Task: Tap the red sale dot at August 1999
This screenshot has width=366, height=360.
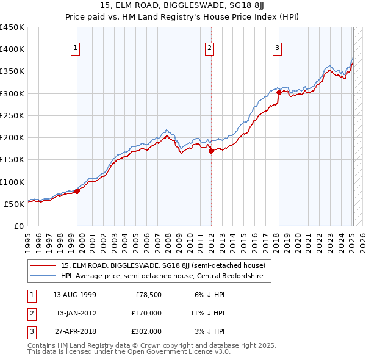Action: click(77, 191)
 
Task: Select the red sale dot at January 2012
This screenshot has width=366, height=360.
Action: click(211, 151)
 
